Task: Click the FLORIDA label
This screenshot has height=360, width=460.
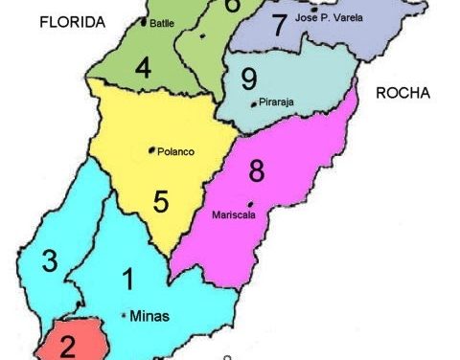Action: click(x=71, y=25)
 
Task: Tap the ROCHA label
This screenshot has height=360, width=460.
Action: click(x=402, y=93)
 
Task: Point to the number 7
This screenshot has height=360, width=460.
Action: click(x=279, y=26)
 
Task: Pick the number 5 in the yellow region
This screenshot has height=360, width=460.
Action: click(x=161, y=201)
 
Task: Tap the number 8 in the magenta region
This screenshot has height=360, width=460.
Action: click(x=255, y=172)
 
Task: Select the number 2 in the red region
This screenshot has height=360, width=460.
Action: click(x=67, y=345)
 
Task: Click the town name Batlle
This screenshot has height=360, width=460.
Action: click(x=162, y=23)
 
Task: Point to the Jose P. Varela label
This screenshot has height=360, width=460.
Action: click(x=331, y=17)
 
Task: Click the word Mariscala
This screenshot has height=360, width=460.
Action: click(x=233, y=215)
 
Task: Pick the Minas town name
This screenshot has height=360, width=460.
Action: click(x=147, y=315)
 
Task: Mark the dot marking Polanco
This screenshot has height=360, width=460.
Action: click(x=152, y=149)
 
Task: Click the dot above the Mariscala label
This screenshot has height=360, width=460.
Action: click(x=250, y=204)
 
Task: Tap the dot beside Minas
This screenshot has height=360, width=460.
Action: click(x=125, y=315)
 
